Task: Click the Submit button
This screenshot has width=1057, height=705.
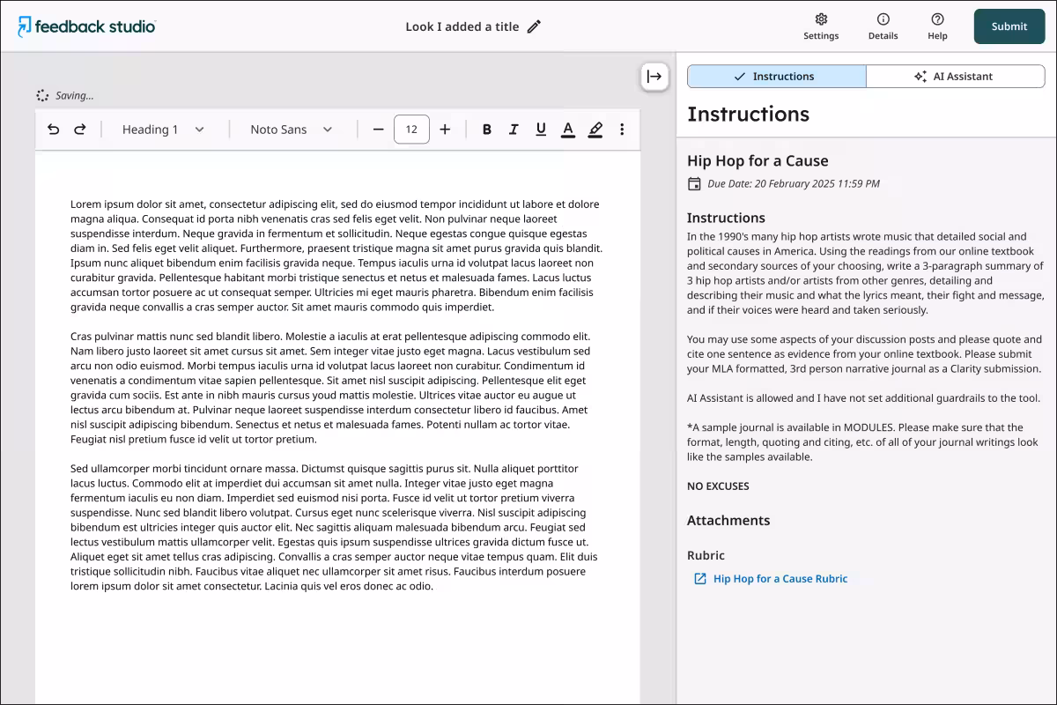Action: click(x=1009, y=26)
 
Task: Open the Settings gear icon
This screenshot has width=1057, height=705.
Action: click(x=821, y=19)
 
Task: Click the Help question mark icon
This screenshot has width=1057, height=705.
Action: click(x=937, y=19)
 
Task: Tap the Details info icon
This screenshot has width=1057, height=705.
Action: click(x=883, y=19)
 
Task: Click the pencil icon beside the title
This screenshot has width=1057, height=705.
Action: click(x=534, y=26)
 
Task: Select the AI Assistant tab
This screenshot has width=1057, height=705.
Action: click(x=955, y=77)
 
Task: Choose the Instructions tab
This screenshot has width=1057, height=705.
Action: click(x=776, y=77)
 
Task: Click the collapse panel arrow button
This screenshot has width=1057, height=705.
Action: click(x=654, y=77)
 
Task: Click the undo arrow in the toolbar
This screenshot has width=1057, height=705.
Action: click(x=54, y=130)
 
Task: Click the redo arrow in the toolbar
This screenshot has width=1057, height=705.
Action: click(x=80, y=130)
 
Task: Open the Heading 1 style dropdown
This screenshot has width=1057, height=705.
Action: click(x=163, y=130)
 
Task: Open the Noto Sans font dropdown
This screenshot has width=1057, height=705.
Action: click(x=292, y=130)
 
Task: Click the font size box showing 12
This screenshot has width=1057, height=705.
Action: click(x=411, y=130)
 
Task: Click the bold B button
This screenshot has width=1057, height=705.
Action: click(x=487, y=130)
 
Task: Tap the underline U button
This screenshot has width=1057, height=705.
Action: click(x=541, y=130)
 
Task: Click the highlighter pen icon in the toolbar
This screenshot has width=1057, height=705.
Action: click(x=595, y=130)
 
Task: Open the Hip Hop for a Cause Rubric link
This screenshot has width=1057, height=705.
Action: click(x=780, y=579)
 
